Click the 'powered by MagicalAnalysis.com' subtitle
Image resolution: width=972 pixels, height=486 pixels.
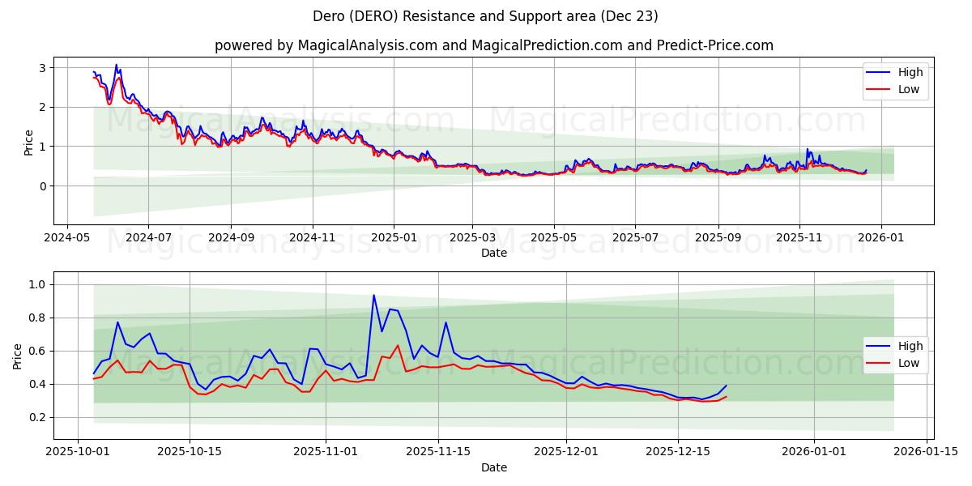coord(493,45)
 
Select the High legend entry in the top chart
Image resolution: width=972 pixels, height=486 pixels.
coord(894,73)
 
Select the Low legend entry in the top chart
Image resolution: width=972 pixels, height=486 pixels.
coord(894,89)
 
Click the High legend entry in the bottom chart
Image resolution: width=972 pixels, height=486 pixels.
coord(894,347)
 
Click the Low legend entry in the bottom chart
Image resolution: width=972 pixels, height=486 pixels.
coord(894,363)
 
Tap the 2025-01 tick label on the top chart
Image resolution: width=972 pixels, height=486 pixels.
coord(394,239)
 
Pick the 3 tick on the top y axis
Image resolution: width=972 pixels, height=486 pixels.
coord(45,68)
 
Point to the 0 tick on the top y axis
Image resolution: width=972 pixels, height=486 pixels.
coord(45,186)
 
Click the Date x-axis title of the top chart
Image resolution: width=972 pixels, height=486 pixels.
coord(493,253)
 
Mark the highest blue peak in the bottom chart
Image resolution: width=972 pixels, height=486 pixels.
coord(373,295)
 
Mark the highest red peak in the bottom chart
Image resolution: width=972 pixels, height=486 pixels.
coord(398,346)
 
